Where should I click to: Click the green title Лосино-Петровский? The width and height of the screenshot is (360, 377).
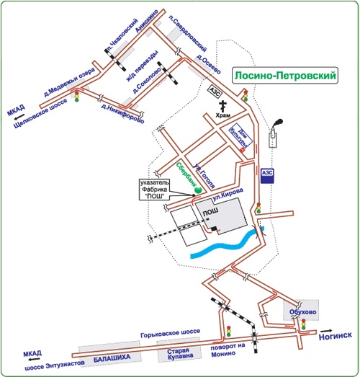[x=285, y=76]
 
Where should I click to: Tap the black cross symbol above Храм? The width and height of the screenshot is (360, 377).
[x=223, y=106]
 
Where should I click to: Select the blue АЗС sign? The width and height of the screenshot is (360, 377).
[x=267, y=175]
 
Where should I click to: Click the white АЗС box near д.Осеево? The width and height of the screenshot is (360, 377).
[x=215, y=92]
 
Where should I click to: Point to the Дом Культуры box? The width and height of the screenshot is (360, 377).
[x=241, y=136]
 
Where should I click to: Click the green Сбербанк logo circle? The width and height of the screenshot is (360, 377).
[x=198, y=190]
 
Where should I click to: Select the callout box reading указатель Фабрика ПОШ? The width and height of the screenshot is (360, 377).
[x=155, y=190]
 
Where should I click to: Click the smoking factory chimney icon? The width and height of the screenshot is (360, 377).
[x=274, y=133]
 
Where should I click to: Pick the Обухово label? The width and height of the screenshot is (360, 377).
[x=302, y=312]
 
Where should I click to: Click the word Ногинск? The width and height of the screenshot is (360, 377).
[x=336, y=336]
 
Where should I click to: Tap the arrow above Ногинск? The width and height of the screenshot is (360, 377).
[x=326, y=331]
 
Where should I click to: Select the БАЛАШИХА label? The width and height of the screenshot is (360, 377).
[x=112, y=358]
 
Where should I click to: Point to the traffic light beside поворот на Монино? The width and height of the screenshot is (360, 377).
[x=229, y=331]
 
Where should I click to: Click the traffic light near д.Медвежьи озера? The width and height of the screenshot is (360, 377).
[x=77, y=96]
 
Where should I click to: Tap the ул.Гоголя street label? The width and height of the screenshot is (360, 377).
[x=204, y=176]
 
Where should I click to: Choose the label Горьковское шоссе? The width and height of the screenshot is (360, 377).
[x=170, y=333]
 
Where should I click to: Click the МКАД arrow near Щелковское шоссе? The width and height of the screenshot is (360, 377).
[x=19, y=117]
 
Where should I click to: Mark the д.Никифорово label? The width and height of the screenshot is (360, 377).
[x=122, y=113]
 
